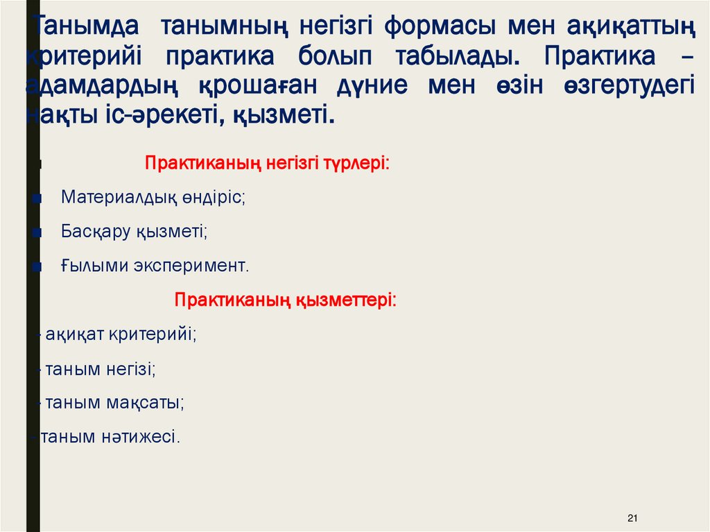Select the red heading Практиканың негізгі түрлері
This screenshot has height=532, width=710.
[267, 164]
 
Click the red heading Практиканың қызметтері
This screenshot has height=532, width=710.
[285, 300]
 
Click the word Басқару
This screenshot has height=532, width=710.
[94, 231]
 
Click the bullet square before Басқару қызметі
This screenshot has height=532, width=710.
[37, 232]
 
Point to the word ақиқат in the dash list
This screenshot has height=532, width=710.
[75, 334]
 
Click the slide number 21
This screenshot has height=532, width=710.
[631, 518]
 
